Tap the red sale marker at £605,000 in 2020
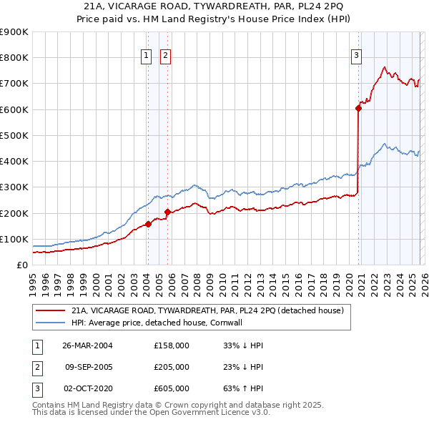click(x=357, y=108)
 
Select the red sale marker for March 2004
click(x=148, y=224)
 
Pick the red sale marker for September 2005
click(x=167, y=212)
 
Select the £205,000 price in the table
click(x=172, y=367)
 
